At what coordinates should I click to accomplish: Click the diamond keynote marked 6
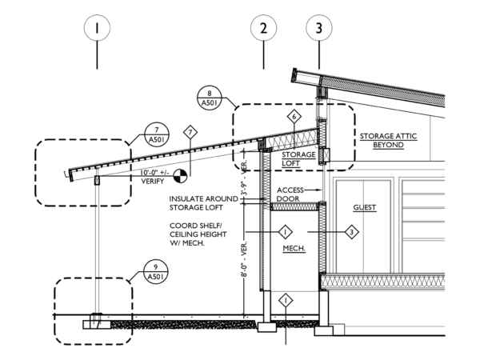294,116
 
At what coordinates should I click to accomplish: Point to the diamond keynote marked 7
190,133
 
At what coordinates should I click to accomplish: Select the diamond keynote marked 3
352,232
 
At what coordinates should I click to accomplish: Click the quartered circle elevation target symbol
180,176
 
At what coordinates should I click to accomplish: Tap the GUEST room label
364,207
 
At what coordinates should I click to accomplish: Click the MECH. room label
294,248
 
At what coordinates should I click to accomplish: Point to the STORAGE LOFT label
298,159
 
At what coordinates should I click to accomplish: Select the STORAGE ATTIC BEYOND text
388,140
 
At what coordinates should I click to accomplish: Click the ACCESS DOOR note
290,194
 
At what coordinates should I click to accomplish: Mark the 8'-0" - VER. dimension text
244,259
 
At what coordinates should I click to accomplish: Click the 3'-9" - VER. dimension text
244,178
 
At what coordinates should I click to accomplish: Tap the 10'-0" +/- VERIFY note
154,177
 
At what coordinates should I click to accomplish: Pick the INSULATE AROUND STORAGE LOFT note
203,203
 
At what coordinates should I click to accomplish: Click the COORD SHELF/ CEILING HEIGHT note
198,234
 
